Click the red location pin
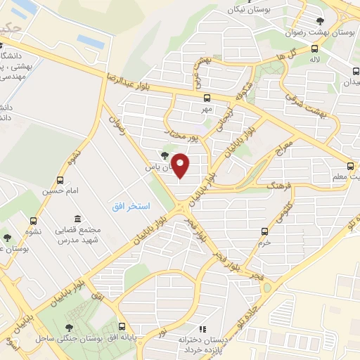click(181, 166)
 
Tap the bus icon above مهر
click(207, 98)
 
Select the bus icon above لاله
click(314, 49)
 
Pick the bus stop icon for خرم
click(264, 231)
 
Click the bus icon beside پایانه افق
click(122, 327)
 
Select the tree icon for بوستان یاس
click(165, 155)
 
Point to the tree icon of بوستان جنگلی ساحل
click(69, 327)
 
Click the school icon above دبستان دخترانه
click(202, 328)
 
